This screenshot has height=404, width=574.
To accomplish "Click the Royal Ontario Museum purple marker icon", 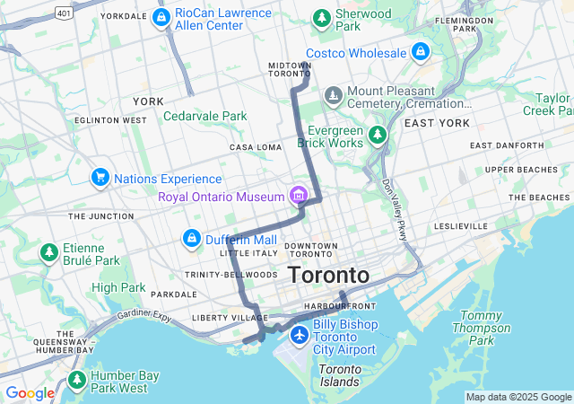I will [298, 196].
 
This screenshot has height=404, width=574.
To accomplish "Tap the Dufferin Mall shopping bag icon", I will [191, 239].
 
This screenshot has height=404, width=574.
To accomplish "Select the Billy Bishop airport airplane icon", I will [299, 336].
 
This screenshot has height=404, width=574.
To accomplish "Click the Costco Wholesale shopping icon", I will [420, 52].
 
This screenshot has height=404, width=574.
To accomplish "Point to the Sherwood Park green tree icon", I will [321, 17].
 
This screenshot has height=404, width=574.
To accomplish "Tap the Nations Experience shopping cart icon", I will [100, 179].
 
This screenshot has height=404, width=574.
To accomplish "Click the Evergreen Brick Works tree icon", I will [378, 136].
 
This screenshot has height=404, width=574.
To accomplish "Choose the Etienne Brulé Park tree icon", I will [49, 254].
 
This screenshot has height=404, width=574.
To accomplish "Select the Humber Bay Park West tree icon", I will [78, 380].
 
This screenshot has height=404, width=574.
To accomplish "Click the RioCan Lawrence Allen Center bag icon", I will [161, 17].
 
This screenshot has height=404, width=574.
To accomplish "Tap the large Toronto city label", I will [327, 274].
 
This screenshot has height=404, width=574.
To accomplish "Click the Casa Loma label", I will [256, 147].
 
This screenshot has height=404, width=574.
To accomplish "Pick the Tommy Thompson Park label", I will [481, 328].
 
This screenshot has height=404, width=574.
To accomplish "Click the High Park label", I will [117, 287].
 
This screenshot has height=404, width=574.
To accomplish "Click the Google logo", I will [30, 393].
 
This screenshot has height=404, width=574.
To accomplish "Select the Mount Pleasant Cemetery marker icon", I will [334, 95].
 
